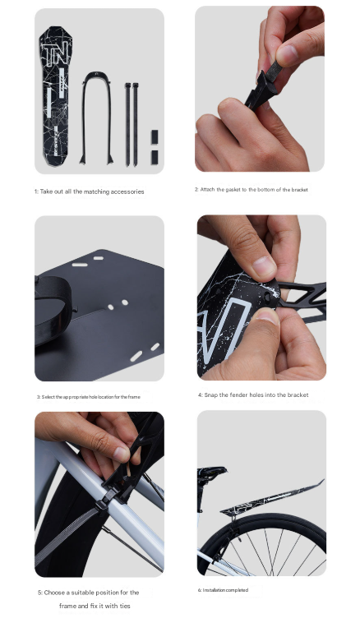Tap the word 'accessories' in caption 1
(126, 192)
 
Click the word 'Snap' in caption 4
(213, 395)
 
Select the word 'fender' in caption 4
(242, 395)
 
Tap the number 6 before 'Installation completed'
(200, 590)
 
